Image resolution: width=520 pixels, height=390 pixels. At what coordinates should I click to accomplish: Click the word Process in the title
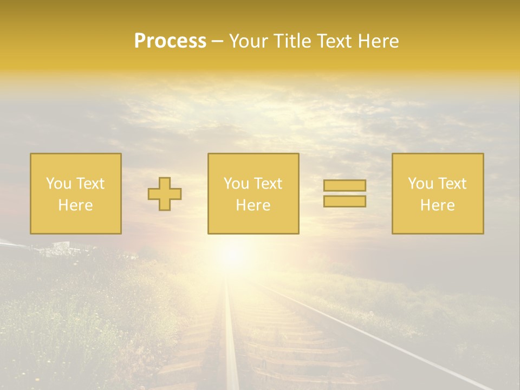point(170,41)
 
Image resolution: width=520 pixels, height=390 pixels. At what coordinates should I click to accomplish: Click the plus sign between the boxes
point(165,194)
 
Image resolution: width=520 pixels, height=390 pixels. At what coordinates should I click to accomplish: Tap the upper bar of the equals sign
point(344,185)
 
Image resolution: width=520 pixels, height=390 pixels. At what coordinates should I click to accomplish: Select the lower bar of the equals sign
point(344,201)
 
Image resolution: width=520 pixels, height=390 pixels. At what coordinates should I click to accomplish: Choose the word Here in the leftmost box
point(75,205)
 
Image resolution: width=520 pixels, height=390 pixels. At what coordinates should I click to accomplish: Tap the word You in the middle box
point(236,184)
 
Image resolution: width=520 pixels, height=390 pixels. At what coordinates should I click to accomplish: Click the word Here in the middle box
point(253,205)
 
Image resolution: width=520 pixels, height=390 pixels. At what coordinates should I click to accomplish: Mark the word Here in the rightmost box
point(437,205)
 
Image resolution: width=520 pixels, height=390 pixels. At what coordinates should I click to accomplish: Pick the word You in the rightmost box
point(420,184)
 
